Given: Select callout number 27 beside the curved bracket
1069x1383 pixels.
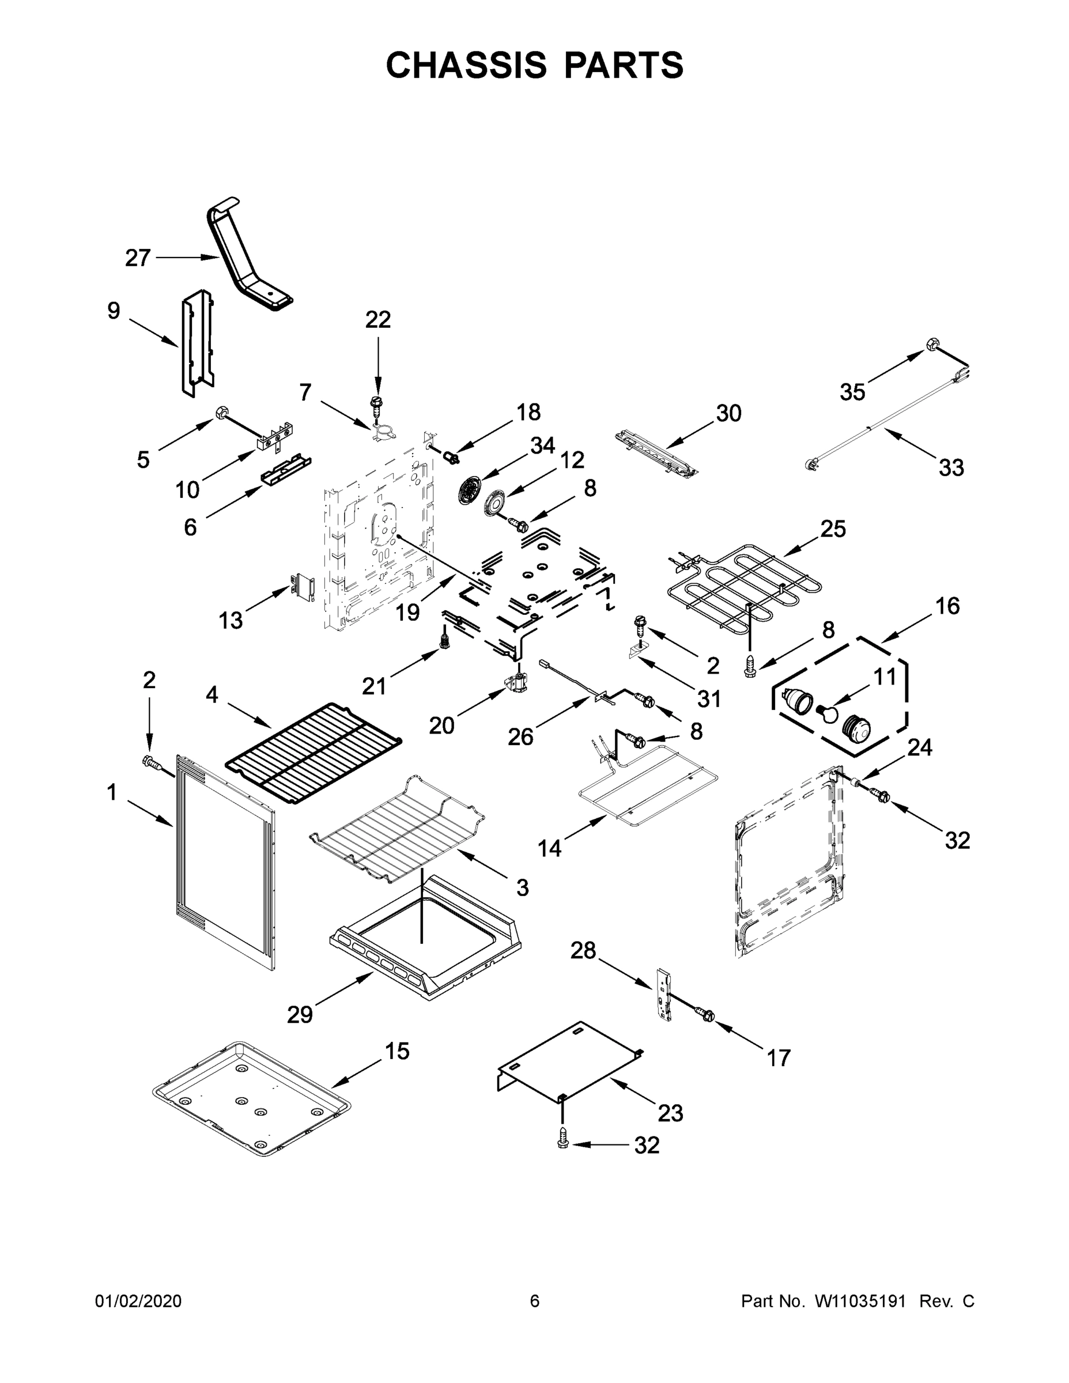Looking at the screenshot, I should (x=137, y=258).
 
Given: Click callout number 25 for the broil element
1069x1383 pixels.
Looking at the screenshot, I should (x=833, y=529).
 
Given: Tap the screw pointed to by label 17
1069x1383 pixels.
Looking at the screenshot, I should (x=704, y=1014).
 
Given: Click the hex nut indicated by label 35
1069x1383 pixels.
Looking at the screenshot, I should (x=932, y=344).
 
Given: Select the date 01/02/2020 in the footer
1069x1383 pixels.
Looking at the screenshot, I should (x=138, y=1301).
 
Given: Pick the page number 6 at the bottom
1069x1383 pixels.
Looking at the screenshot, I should (x=535, y=1301).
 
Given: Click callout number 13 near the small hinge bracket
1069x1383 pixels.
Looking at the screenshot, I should (x=231, y=620).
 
